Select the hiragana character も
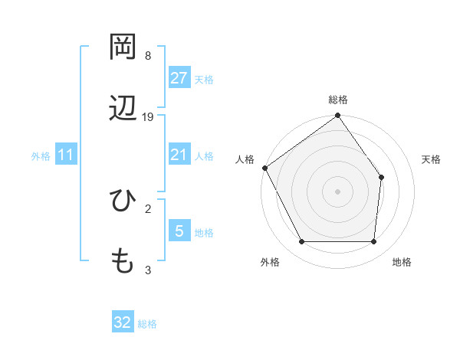point(123,261)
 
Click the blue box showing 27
point(179,78)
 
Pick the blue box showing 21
point(179,155)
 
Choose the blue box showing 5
point(179,231)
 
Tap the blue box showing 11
point(66,155)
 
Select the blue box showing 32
point(123,322)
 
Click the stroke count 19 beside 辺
point(148,117)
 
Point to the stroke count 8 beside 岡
point(148,56)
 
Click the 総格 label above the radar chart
point(338,100)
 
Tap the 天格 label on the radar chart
point(432,159)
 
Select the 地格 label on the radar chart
point(402,262)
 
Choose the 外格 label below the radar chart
point(270,262)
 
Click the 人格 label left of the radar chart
point(245,159)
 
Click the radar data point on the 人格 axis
point(265,168)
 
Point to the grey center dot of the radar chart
point(338,191)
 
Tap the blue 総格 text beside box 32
point(147,324)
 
